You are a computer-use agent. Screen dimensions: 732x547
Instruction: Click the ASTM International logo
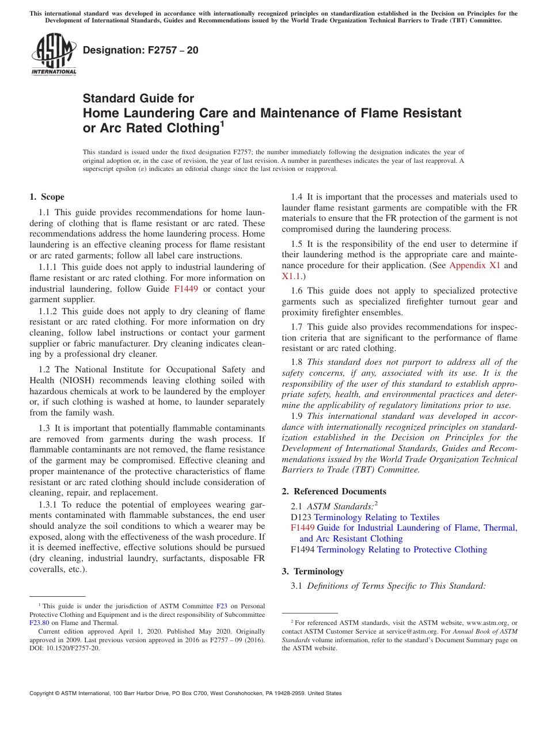[x=54, y=55]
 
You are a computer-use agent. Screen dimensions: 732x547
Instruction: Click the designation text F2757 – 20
[x=140, y=51]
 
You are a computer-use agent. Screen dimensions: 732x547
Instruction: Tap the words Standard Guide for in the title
[x=139, y=98]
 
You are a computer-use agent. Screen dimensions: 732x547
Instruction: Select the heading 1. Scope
[x=47, y=197]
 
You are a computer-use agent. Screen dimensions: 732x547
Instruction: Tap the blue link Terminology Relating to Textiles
[x=377, y=517]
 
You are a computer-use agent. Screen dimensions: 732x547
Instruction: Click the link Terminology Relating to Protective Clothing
[x=402, y=550]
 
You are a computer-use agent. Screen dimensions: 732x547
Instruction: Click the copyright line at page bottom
[x=185, y=693]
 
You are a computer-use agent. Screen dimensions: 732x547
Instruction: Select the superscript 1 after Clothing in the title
[x=222, y=124]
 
